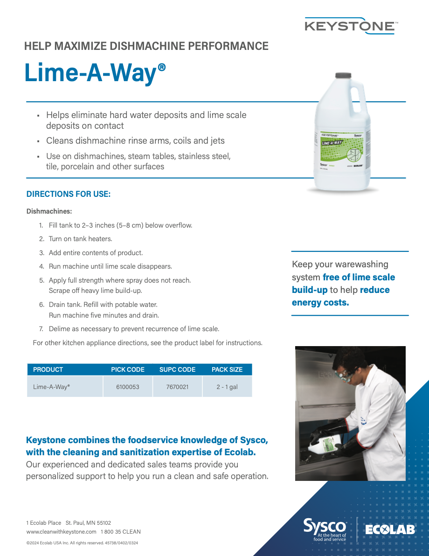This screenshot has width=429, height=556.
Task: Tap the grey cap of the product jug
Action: pyautogui.click(x=343, y=76)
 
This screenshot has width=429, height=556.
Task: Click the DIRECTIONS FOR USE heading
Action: pyautogui.click(x=69, y=194)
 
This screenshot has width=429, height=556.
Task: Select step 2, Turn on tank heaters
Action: pyautogui.click(x=80, y=239)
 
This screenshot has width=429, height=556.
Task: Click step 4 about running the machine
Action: pyautogui.click(x=110, y=266)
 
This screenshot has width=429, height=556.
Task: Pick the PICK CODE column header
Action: pyautogui.click(x=128, y=369)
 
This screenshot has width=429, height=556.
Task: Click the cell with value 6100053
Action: pyautogui.click(x=128, y=387)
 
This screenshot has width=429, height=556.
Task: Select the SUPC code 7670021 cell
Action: pyautogui.click(x=177, y=387)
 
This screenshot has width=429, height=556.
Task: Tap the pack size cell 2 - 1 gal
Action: pyautogui.click(x=227, y=387)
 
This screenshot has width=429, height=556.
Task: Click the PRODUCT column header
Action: pyautogui.click(x=48, y=369)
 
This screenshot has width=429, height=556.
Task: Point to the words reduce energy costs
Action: pyautogui.click(x=340, y=296)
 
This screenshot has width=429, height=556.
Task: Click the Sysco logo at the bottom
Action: pyautogui.click(x=325, y=529)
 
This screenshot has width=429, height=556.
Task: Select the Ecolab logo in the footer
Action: pyautogui.click(x=390, y=530)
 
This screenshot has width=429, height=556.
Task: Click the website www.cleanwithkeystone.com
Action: pyautogui.click(x=61, y=532)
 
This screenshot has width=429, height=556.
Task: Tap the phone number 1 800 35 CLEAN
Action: pyautogui.click(x=120, y=532)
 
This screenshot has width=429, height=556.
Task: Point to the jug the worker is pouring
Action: pyautogui.click(x=326, y=441)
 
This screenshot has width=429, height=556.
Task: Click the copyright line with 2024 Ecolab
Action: pyautogui.click(x=82, y=543)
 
